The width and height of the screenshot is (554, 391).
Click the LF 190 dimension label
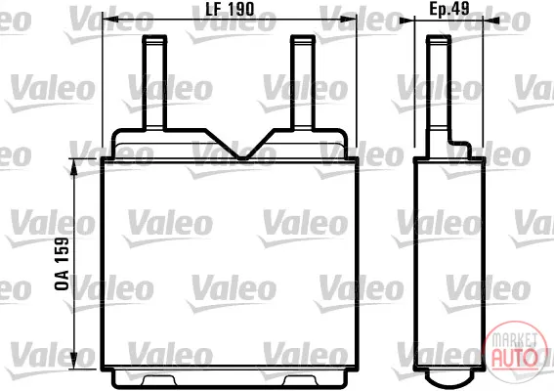tap(230, 9)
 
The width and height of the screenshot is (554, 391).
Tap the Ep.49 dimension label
tap(449, 9)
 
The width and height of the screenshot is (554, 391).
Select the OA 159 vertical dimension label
tap(62, 264)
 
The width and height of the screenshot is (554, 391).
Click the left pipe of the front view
tap(154, 82)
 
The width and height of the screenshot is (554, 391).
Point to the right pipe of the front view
tap(303, 82)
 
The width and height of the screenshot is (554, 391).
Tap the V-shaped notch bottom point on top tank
tap(241, 157)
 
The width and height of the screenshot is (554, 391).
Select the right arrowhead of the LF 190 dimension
tap(349, 20)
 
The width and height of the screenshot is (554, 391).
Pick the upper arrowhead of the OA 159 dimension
tap(74, 167)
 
